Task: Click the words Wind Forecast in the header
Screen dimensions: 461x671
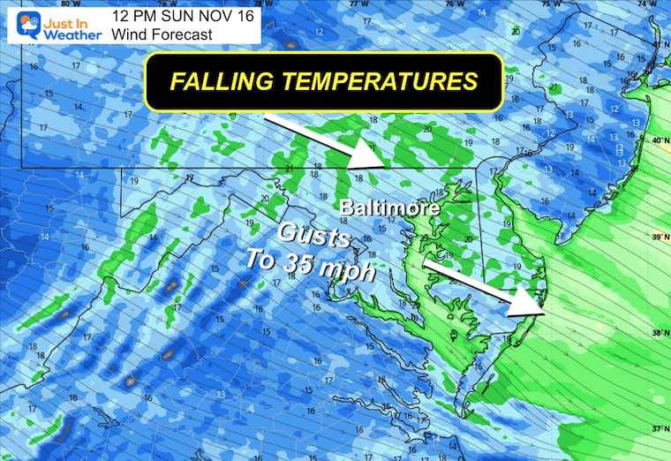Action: click(x=162, y=34)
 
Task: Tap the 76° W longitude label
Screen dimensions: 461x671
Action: click(x=454, y=4)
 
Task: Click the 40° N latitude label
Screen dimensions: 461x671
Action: click(x=657, y=141)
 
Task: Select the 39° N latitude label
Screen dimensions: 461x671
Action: click(x=657, y=238)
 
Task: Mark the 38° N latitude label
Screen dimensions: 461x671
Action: click(x=657, y=333)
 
